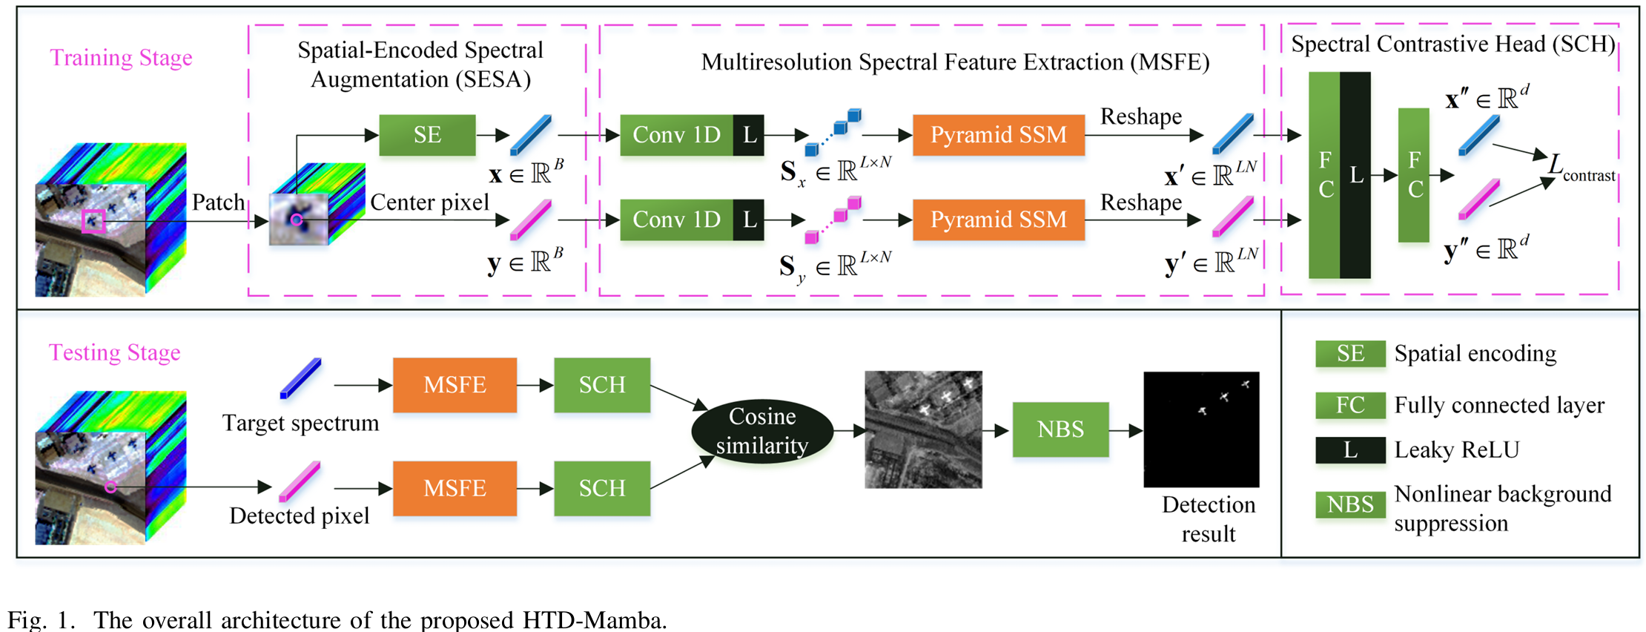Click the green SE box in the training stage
pyautogui.click(x=427, y=135)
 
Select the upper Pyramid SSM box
pyautogui.click(x=998, y=135)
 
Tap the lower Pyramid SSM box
pyautogui.click(x=998, y=220)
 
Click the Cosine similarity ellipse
pyautogui.click(x=762, y=431)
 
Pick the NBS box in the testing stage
pyautogui.click(x=1060, y=429)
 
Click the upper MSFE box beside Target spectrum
pyautogui.click(x=455, y=385)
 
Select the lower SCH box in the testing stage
pyautogui.click(x=602, y=488)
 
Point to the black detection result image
pyautogui.click(x=1201, y=429)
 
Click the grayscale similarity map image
pyautogui.click(x=923, y=429)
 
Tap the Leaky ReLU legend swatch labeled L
pyautogui.click(x=1350, y=450)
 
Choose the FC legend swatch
pyautogui.click(x=1350, y=405)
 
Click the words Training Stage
pyautogui.click(x=121, y=58)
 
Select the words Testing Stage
pyautogui.click(x=115, y=352)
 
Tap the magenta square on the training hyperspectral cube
pyautogui.click(x=93, y=221)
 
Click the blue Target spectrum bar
pyautogui.click(x=300, y=378)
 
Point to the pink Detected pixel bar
pyautogui.click(x=300, y=481)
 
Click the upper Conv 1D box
pyautogui.click(x=676, y=135)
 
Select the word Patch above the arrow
pyautogui.click(x=218, y=203)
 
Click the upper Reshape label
pyautogui.click(x=1141, y=117)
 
